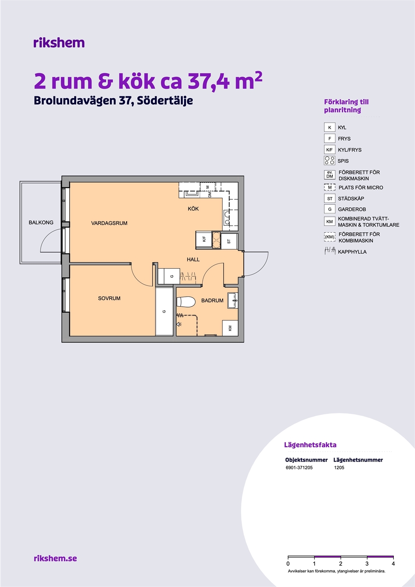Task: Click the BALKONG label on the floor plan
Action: click(41, 222)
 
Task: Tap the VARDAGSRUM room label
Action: click(109, 223)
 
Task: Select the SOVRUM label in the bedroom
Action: click(109, 298)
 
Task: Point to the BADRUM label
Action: click(212, 301)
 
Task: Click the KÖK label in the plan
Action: click(193, 208)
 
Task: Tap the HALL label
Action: click(193, 260)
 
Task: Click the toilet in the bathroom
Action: click(186, 302)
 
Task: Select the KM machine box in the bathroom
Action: click(230, 328)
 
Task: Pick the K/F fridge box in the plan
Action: click(204, 239)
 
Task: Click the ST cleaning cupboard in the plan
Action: click(229, 241)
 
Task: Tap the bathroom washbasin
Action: click(233, 301)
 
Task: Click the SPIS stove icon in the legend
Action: click(329, 160)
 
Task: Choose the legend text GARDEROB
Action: click(352, 209)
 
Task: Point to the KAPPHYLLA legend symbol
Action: click(330, 251)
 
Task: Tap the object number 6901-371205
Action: click(299, 468)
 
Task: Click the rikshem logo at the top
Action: click(59, 42)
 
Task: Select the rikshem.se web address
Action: click(55, 558)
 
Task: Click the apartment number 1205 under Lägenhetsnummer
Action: click(339, 468)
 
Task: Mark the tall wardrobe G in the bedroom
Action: click(164, 311)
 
